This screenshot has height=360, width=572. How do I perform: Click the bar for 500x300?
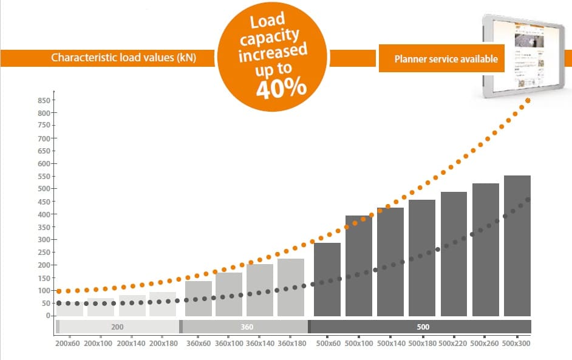pyautogui.click(x=517, y=245)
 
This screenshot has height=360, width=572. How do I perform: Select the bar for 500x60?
pyautogui.click(x=327, y=279)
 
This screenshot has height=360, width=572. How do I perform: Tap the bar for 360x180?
pyautogui.click(x=290, y=287)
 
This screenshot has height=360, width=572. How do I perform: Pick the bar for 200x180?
pyautogui.click(x=163, y=304)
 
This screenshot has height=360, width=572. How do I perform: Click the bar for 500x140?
pyautogui.click(x=390, y=262)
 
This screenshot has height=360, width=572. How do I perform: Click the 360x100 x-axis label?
pyautogui.click(x=228, y=344)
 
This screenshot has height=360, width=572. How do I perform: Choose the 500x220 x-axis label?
pyautogui.click(x=454, y=344)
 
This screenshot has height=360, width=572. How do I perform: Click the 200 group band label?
pyautogui.click(x=118, y=327)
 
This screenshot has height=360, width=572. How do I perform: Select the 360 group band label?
pyautogui.click(x=247, y=327)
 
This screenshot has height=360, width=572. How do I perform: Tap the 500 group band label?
pyautogui.click(x=423, y=327)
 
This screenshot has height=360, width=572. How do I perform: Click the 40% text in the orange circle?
pyautogui.click(x=281, y=89)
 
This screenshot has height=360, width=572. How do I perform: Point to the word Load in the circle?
pyautogui.click(x=267, y=22)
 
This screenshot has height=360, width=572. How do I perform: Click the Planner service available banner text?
pyautogui.click(x=446, y=59)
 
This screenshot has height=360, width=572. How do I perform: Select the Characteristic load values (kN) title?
pyautogui.click(x=132, y=58)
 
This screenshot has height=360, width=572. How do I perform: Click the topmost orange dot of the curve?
pyautogui.click(x=528, y=100)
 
